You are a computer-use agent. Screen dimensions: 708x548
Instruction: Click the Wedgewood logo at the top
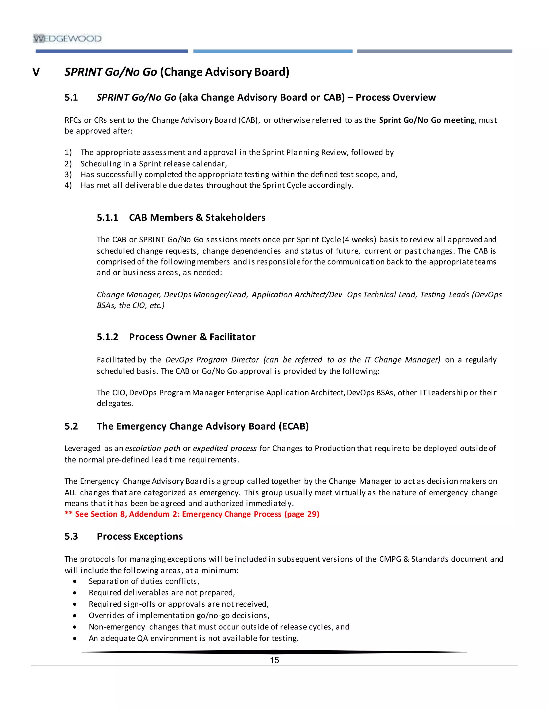[x=67, y=38]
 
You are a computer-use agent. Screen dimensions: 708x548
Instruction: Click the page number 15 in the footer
[x=274, y=660]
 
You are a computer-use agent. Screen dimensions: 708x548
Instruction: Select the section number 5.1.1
[x=108, y=217]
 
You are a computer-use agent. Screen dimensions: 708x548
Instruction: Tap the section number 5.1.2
[x=108, y=337]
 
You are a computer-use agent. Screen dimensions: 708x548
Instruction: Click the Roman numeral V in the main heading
[x=36, y=72]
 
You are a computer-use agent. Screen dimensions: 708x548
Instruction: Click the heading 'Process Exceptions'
[x=140, y=536]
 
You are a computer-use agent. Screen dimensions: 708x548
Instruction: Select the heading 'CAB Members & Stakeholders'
[x=197, y=217]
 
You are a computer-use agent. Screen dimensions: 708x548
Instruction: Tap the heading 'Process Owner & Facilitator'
[x=192, y=337]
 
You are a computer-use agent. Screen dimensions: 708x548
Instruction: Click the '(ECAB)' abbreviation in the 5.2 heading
[x=294, y=426]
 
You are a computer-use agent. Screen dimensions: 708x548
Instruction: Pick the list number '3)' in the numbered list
[x=68, y=175]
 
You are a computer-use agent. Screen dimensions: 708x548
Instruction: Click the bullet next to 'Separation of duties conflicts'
[x=75, y=582]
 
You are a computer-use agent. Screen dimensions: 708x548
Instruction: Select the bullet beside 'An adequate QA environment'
[x=75, y=639]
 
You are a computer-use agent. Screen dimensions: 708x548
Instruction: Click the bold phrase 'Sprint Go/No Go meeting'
[x=427, y=120]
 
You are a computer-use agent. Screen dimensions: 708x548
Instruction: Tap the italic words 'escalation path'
[x=153, y=448]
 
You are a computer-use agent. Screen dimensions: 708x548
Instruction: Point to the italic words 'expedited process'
[x=225, y=448]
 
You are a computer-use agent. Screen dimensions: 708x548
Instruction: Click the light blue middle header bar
[x=273, y=51]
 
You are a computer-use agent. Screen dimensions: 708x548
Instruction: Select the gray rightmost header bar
[x=434, y=51]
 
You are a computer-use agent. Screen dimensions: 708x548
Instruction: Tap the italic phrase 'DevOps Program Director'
[x=212, y=360]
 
